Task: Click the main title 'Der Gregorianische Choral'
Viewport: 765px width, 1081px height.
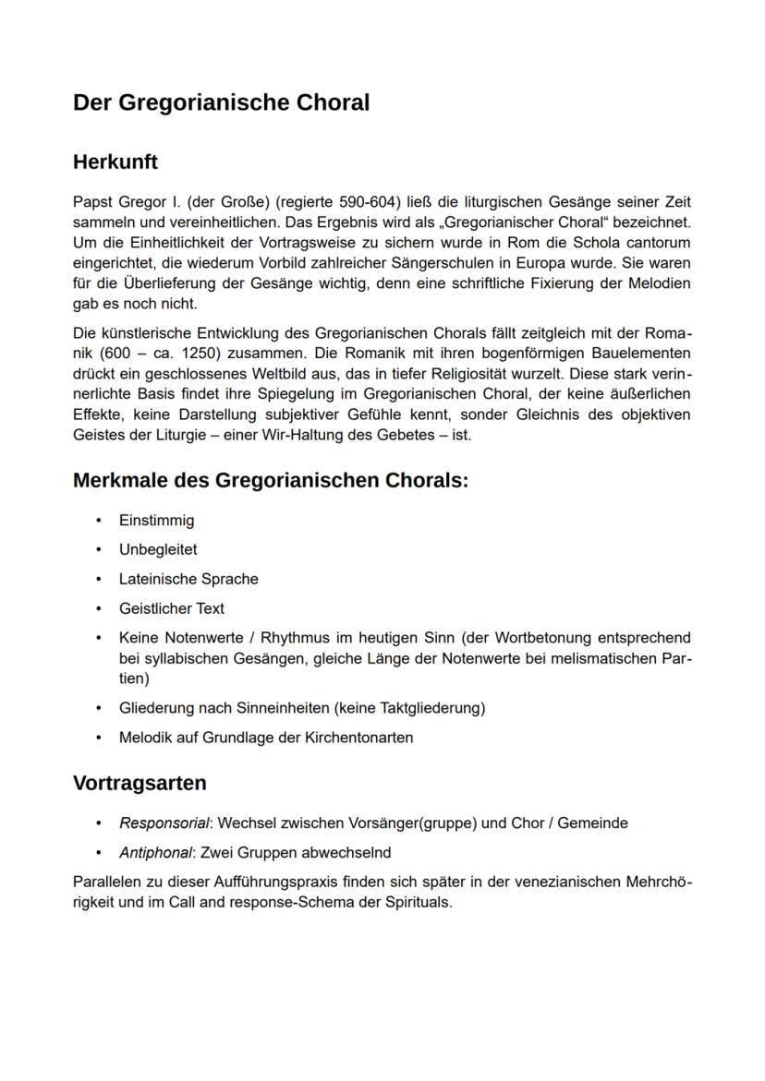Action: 221,102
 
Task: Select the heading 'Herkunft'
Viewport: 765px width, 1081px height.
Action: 115,162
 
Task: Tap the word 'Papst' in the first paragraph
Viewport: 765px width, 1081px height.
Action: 91,202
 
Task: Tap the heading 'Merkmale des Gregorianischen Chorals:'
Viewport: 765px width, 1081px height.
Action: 271,481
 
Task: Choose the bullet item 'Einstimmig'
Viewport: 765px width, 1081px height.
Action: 156,521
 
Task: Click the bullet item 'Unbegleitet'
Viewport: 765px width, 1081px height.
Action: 158,550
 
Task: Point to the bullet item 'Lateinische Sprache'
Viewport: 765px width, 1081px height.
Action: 188,580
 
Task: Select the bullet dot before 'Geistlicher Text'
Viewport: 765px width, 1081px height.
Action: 98,609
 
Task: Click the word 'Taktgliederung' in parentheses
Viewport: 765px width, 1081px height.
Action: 431,708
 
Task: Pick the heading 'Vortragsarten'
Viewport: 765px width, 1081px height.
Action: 140,783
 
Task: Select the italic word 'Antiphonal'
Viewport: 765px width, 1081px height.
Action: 157,853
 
